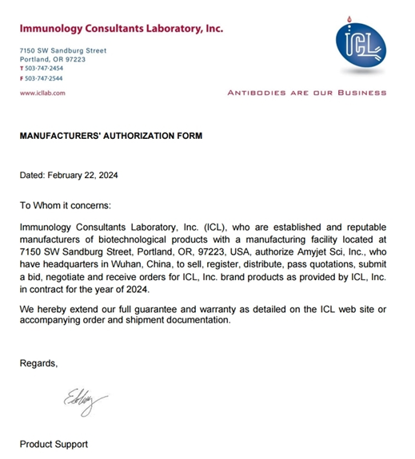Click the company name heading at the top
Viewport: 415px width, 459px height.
121,30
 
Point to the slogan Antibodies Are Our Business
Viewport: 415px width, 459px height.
307,93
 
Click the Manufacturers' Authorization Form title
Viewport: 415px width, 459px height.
111,136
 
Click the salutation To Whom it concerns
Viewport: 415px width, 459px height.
71,205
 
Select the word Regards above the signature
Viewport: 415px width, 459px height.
38,363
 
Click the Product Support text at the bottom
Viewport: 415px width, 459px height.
54,444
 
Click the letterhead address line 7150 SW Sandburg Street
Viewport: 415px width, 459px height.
62,51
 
